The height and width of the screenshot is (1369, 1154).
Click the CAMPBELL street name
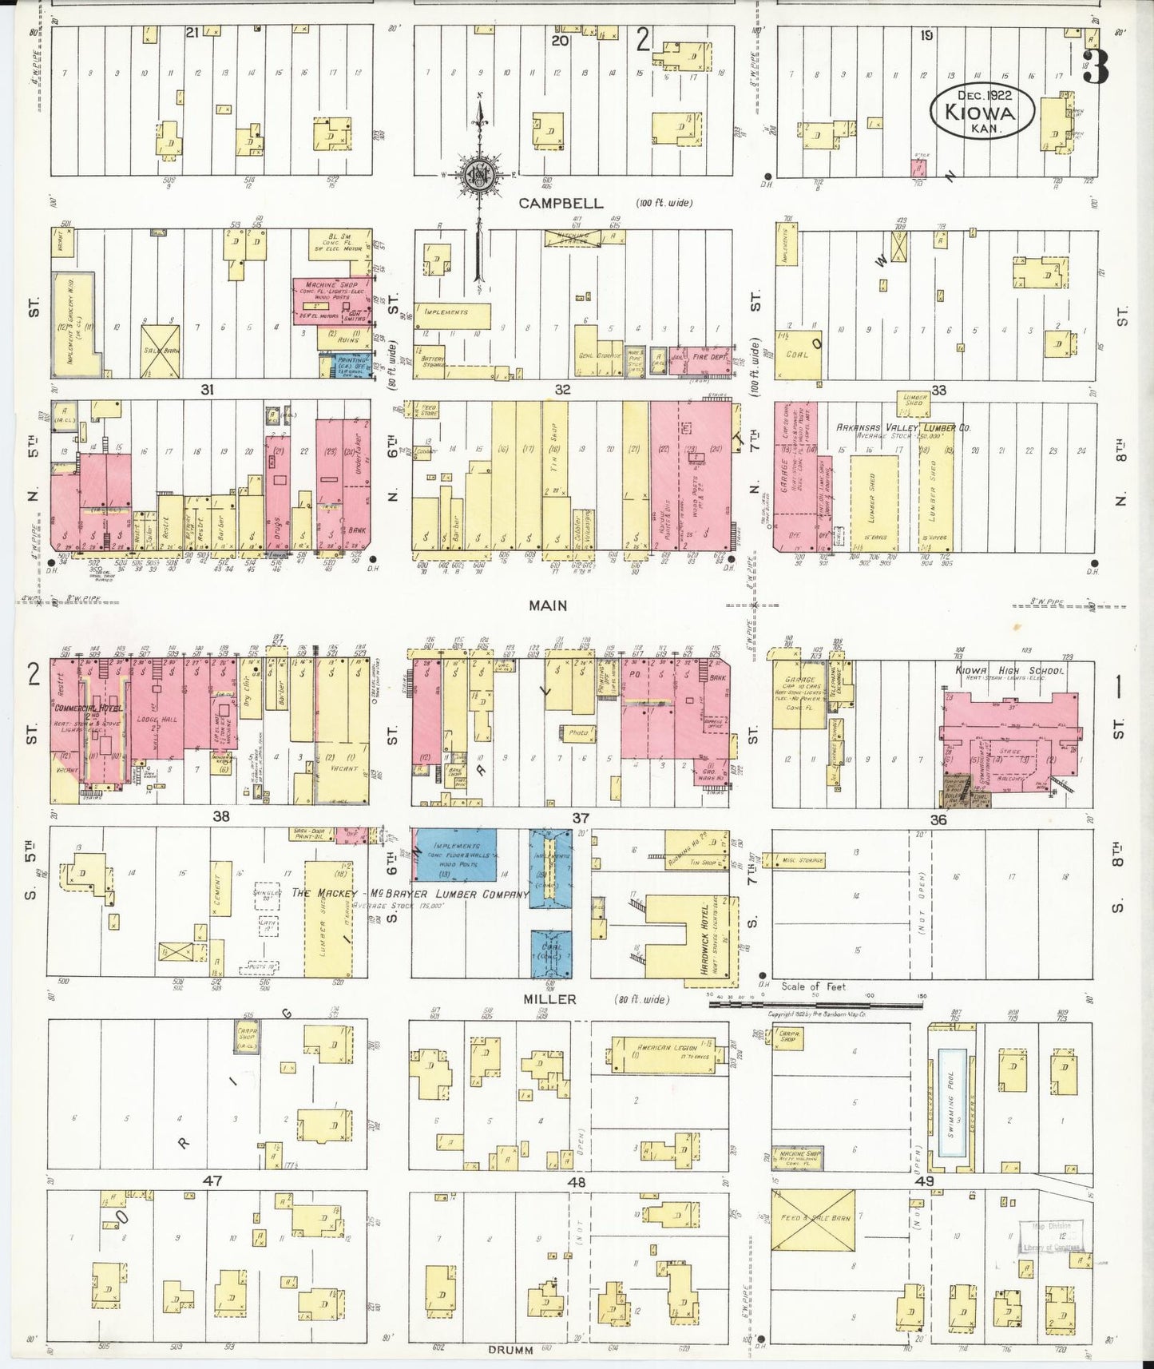tap(560, 204)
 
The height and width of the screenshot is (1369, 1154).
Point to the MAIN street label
tap(548, 605)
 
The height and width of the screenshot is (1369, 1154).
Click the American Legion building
tap(664, 1046)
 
